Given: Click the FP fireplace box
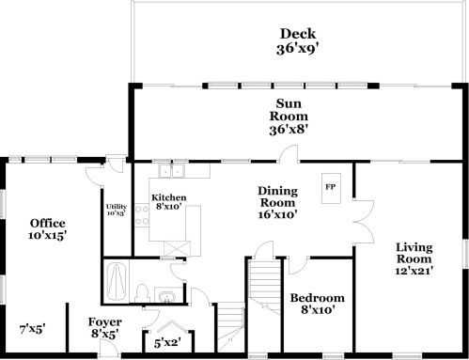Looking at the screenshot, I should pos(330,186).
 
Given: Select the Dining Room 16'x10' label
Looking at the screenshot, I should pos(277,201).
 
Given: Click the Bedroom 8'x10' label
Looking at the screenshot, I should pos(317,304).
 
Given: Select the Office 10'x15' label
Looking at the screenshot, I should pos(47,230).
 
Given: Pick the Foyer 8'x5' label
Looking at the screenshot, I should pos(105,326).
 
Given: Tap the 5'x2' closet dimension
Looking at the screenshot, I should pos(168,343).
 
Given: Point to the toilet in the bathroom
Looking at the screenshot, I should pos(140,290).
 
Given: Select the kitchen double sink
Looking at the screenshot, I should pos(171,172).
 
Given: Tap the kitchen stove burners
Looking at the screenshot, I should pos(142,218).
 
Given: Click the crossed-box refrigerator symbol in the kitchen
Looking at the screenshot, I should pos(174,247).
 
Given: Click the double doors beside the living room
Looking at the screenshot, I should pos(360,217).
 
